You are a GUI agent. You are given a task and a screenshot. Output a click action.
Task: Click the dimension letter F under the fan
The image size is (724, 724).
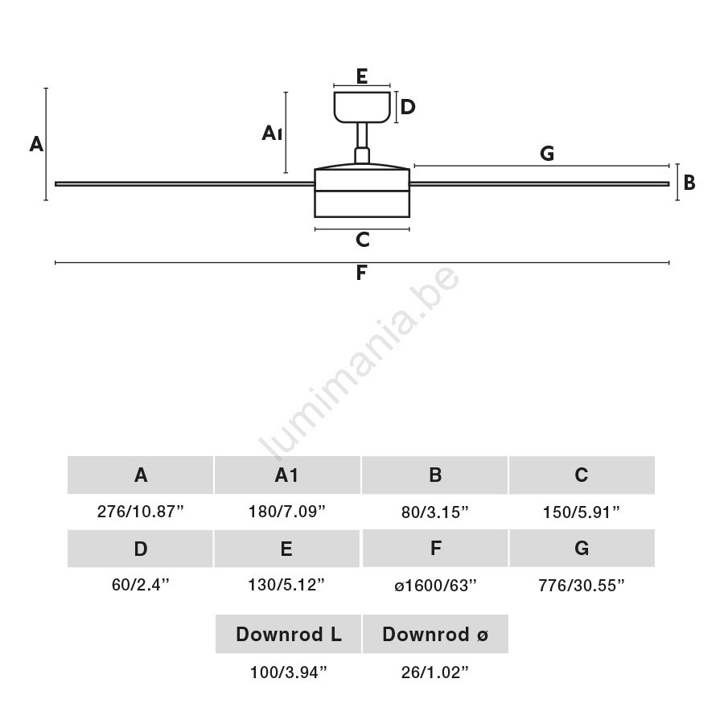(361, 274)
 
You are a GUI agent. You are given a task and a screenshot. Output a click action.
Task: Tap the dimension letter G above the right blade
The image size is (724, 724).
(547, 154)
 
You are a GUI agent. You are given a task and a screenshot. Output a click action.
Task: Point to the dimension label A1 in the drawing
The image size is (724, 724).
(272, 133)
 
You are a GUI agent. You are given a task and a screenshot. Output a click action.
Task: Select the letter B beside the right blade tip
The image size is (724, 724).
(689, 183)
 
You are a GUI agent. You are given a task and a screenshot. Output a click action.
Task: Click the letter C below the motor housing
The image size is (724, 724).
(362, 240)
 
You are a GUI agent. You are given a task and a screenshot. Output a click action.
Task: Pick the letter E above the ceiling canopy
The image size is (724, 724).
(361, 77)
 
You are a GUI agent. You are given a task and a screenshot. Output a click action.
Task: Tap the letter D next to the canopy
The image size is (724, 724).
(408, 107)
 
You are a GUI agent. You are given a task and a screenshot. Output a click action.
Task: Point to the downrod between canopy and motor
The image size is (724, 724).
(362, 137)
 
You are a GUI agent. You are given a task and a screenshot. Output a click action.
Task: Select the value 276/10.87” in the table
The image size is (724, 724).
(141, 512)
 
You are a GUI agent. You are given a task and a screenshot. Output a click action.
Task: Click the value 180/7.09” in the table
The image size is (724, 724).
(287, 512)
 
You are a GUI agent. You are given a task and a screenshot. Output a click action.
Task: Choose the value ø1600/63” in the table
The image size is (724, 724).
(435, 586)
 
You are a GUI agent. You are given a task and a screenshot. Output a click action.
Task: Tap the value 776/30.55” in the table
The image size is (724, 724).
(582, 586)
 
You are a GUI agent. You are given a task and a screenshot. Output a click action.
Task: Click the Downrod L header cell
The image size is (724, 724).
(288, 635)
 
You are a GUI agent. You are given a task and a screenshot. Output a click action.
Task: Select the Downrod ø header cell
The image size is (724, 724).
(435, 635)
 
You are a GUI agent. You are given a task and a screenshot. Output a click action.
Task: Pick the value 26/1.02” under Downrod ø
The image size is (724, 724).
(435, 673)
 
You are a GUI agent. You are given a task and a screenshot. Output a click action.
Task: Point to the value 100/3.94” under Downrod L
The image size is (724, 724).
(288, 673)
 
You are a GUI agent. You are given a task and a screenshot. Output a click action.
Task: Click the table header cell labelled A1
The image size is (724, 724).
(287, 475)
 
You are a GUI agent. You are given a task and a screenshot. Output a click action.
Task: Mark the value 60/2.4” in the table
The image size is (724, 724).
(141, 586)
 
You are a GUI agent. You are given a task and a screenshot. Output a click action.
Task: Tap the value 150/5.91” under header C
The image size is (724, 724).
(582, 512)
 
